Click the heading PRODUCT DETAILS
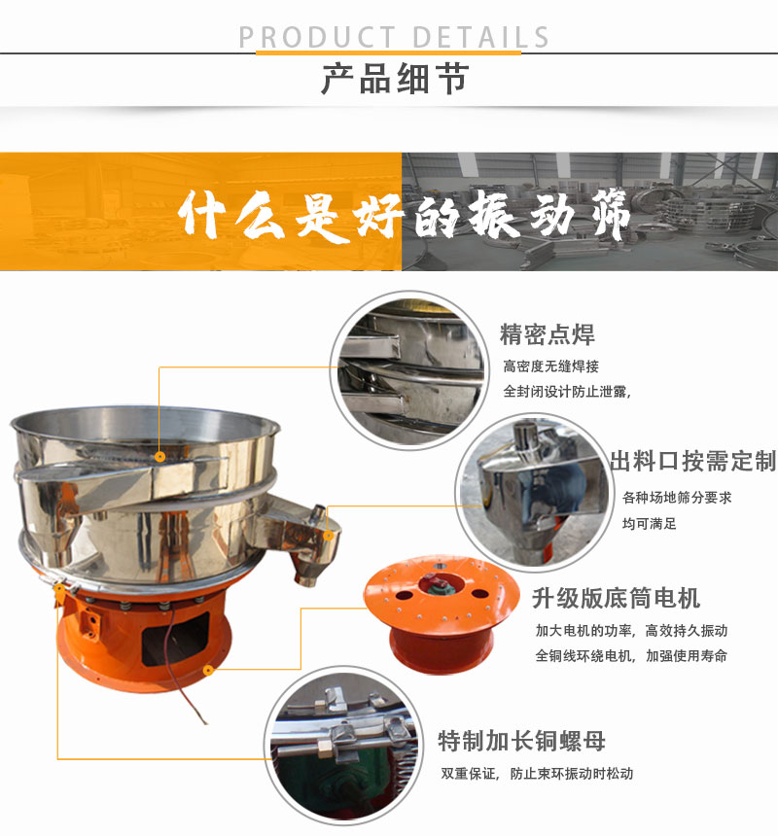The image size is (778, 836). click(394, 37)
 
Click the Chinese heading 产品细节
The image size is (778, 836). click(395, 79)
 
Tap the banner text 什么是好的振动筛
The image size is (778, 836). click(405, 215)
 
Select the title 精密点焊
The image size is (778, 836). click(548, 334)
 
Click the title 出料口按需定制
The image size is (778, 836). click(693, 461)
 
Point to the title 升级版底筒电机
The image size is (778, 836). click(616, 598)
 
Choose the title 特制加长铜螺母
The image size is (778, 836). click(521, 741)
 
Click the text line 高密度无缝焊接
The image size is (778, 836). click(550, 366)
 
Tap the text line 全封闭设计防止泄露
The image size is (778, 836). click(567, 392)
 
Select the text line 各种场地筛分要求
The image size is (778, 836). click(677, 498)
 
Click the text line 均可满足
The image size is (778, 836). click(649, 524)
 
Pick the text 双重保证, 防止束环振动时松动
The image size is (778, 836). click(537, 773)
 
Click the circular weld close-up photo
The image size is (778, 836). click(409, 370)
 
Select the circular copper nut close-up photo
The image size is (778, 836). click(344, 746)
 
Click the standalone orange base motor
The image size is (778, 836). click(441, 613)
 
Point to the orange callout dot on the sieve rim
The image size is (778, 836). click(159, 456)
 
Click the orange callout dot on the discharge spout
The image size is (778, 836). click(329, 535)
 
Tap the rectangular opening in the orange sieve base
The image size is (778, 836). click(175, 639)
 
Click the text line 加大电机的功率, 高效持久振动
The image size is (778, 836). click(631, 631)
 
